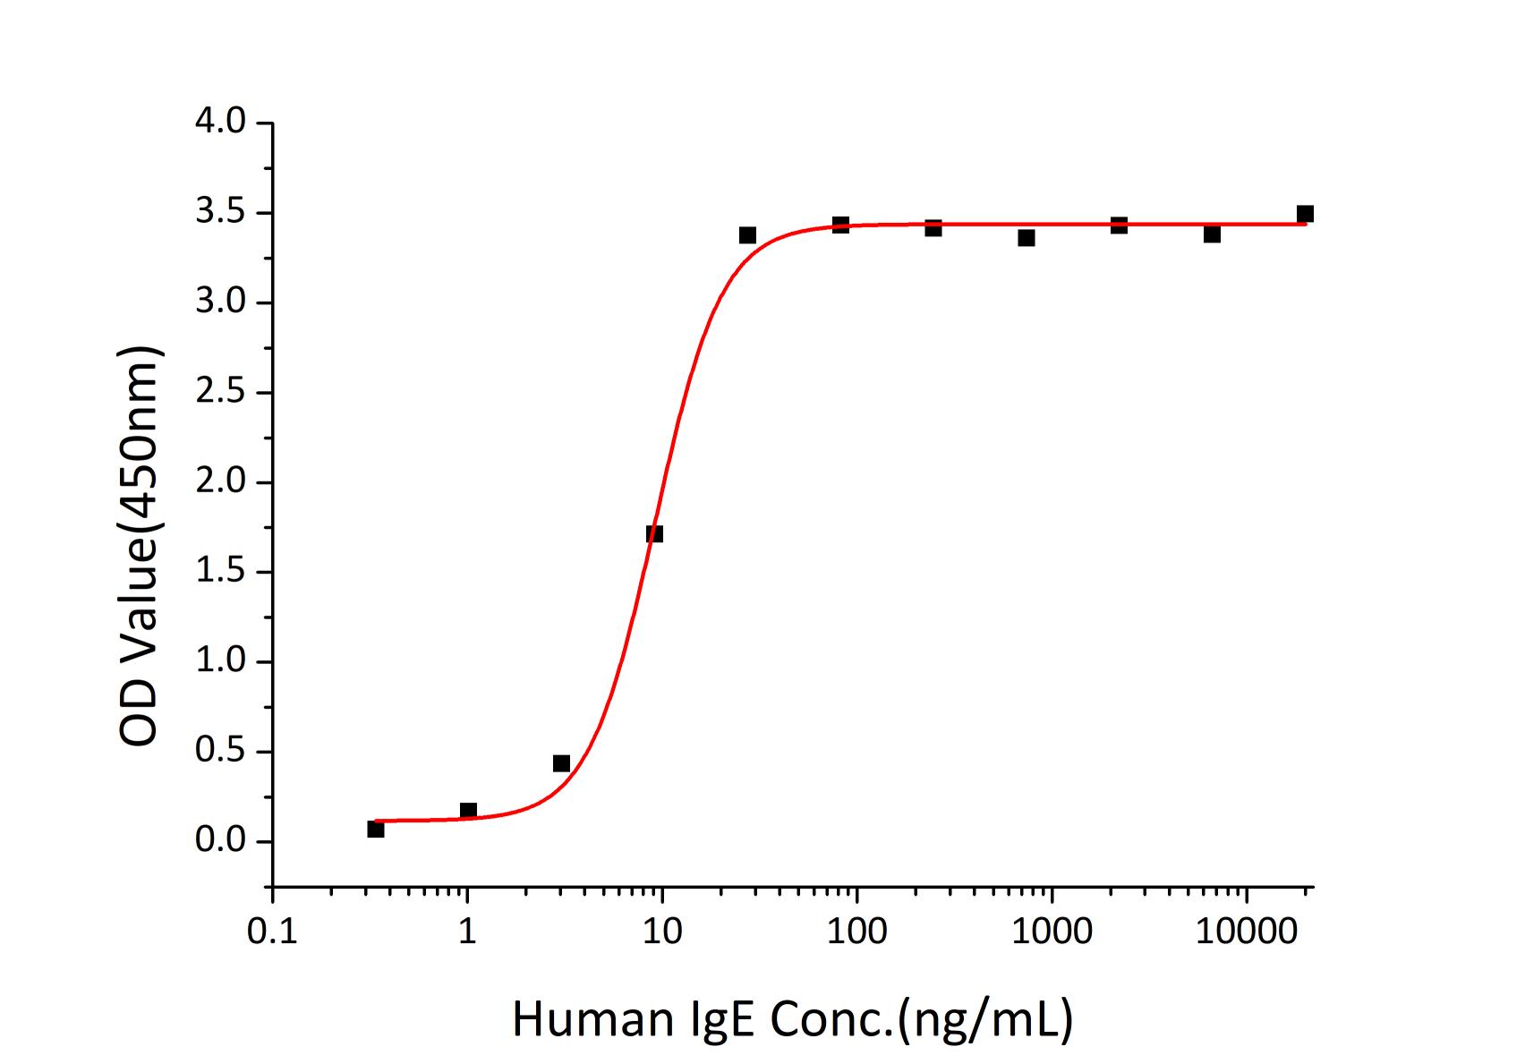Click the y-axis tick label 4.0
(x=220, y=122)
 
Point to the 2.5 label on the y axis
(x=220, y=392)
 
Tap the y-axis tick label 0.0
(x=220, y=841)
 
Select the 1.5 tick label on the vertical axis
(x=220, y=572)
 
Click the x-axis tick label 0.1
(x=272, y=932)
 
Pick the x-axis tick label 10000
(x=1245, y=932)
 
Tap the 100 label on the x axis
(x=856, y=932)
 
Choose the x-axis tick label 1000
(x=1051, y=932)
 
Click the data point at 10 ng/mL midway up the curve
(x=654, y=534)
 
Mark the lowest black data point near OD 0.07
(x=376, y=830)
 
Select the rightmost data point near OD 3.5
(x=1305, y=214)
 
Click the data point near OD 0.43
(x=561, y=763)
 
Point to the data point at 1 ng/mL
(x=468, y=811)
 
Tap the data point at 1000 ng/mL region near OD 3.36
(x=1027, y=238)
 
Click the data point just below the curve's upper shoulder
(x=747, y=235)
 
